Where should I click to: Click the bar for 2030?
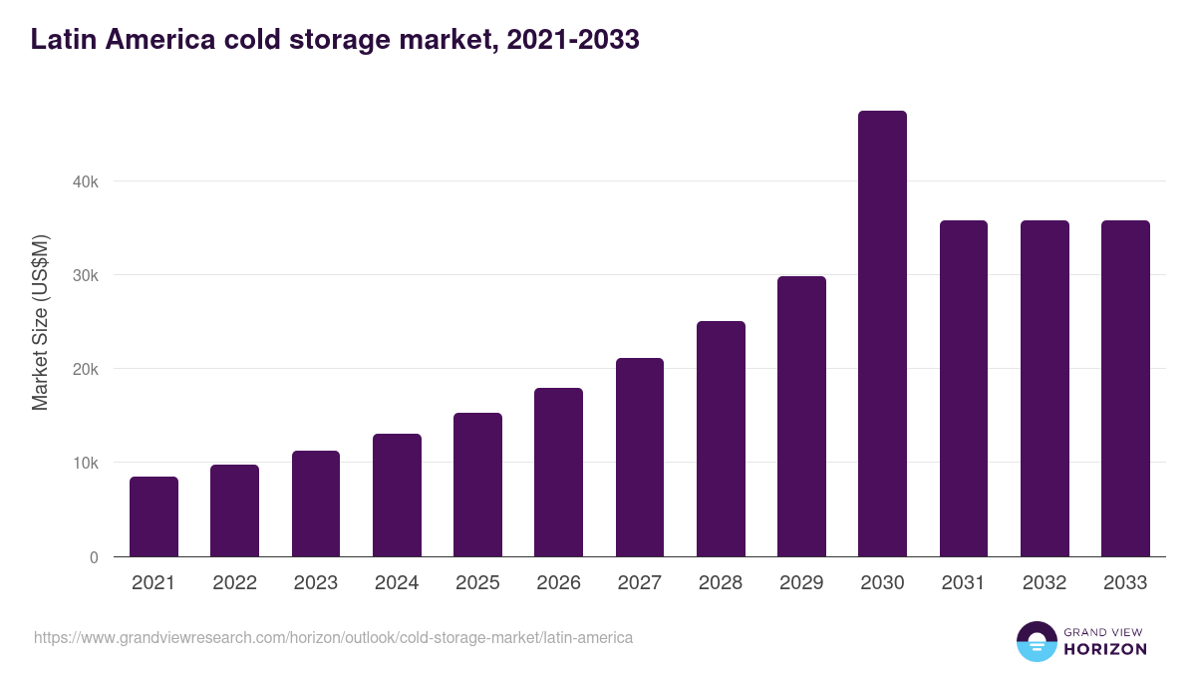coord(882,334)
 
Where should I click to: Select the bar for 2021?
coord(153,516)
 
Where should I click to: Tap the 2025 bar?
coord(477,485)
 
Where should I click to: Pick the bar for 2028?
coord(721,439)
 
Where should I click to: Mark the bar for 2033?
coord(1125,389)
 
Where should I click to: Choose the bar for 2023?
coord(316,504)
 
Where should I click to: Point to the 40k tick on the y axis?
coord(86,181)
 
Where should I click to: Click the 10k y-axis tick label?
coord(86,463)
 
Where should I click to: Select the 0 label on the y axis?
coord(94,557)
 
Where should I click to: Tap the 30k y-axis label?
coord(86,275)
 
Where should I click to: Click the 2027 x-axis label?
coord(640,583)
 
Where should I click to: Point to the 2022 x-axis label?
coord(234,583)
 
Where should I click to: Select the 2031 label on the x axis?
coord(964,583)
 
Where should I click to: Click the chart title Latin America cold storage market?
coord(335,40)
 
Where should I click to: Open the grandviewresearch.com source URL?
coord(334,637)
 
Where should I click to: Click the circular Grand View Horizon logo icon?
coord(1037,641)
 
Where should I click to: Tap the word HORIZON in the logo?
coord(1106,649)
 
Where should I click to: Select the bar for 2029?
coord(801,417)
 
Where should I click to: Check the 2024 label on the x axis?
coord(397,583)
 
